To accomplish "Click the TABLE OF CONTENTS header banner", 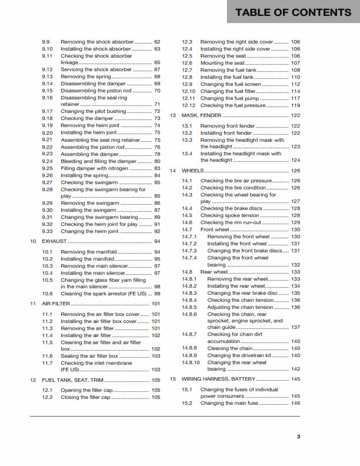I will pyautogui.click(x=294, y=12).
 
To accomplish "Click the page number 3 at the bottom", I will pyautogui.click(x=298, y=436).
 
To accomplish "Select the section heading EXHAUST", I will pyautogui.click(x=54, y=241).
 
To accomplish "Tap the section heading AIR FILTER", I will pyautogui.click(x=55, y=304).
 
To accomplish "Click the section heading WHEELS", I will pyautogui.click(x=192, y=171).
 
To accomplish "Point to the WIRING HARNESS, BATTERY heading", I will pyautogui.click(x=218, y=379).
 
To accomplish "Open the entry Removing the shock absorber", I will pyautogui.click(x=98, y=42).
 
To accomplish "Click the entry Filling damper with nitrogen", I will pyautogui.click(x=102, y=168).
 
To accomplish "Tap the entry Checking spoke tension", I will pyautogui.click(x=230, y=215).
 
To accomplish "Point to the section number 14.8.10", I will pyautogui.click(x=191, y=362).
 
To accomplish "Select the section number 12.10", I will pyautogui.click(x=188, y=91).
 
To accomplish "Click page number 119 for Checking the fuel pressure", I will pyautogui.click(x=295, y=105).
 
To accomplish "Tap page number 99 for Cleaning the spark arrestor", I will pyautogui.click(x=157, y=294).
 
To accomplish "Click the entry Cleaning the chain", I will pyautogui.click(x=230, y=348).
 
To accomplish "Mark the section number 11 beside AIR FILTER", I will pyautogui.click(x=33, y=304).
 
